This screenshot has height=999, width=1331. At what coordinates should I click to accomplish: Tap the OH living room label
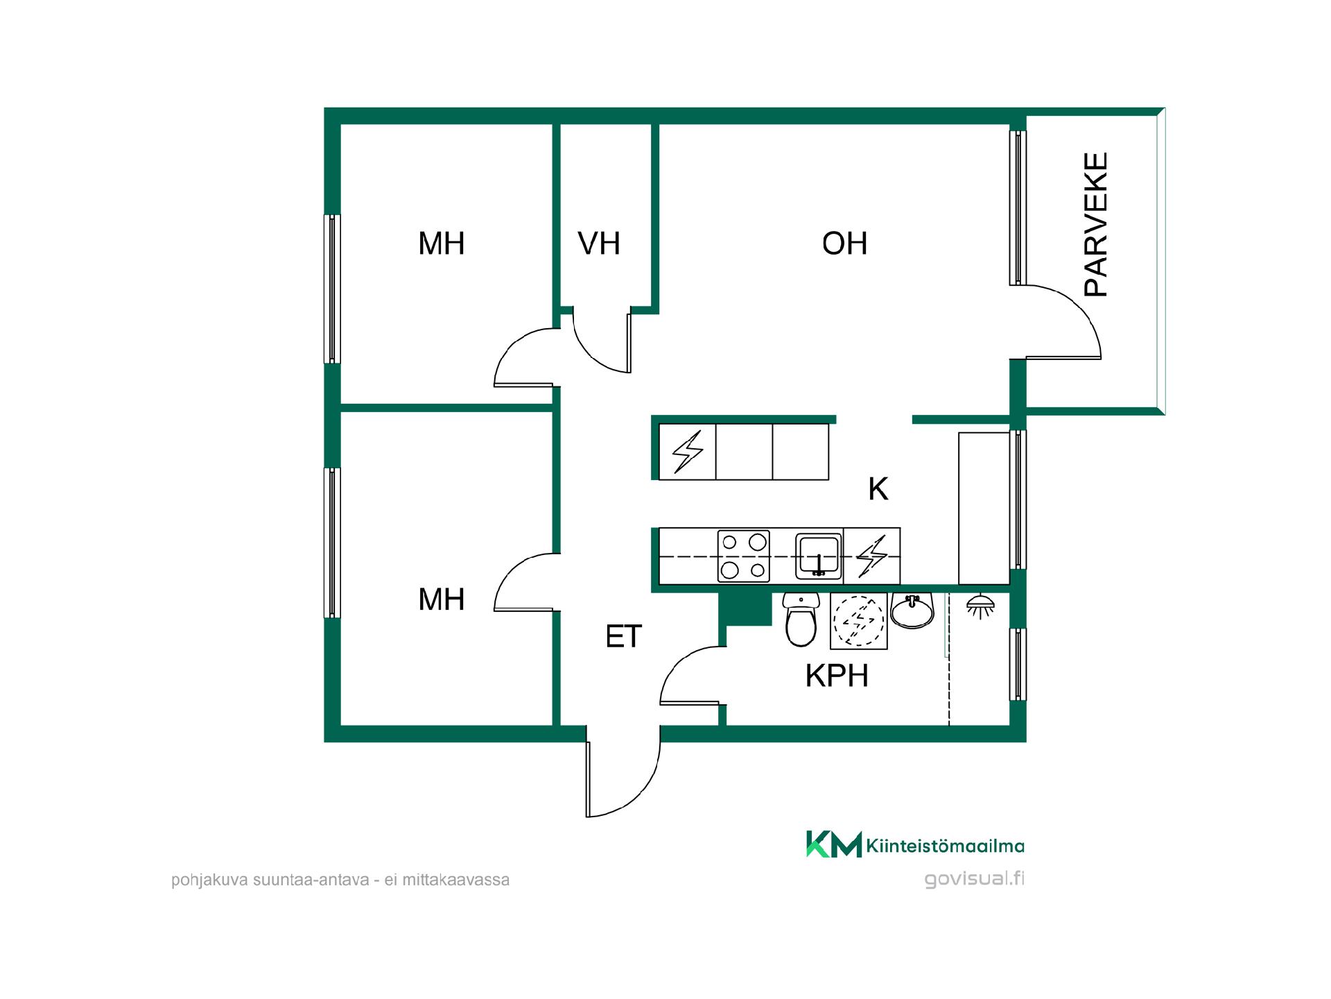point(844,244)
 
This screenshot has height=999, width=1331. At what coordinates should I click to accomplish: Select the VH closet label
point(599,244)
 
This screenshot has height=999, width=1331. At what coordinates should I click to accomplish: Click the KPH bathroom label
point(837,676)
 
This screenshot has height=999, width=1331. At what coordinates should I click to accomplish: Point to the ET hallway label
point(624,636)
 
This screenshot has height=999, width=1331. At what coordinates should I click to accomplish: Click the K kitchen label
point(878,489)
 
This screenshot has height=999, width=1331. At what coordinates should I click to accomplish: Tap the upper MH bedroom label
point(442,244)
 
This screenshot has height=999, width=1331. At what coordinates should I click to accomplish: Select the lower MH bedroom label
point(442,599)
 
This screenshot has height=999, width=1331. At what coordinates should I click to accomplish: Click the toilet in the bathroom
point(801,620)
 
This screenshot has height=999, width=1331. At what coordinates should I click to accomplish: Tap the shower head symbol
point(980,606)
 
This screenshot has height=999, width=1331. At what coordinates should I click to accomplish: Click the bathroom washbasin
point(912,610)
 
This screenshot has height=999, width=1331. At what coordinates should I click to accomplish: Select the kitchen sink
point(819,556)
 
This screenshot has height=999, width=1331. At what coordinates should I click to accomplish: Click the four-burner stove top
point(744,556)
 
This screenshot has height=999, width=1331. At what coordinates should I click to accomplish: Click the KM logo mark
point(833,844)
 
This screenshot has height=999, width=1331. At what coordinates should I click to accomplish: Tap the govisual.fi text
point(974,879)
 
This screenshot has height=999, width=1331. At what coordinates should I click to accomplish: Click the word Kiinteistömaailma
point(946,846)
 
